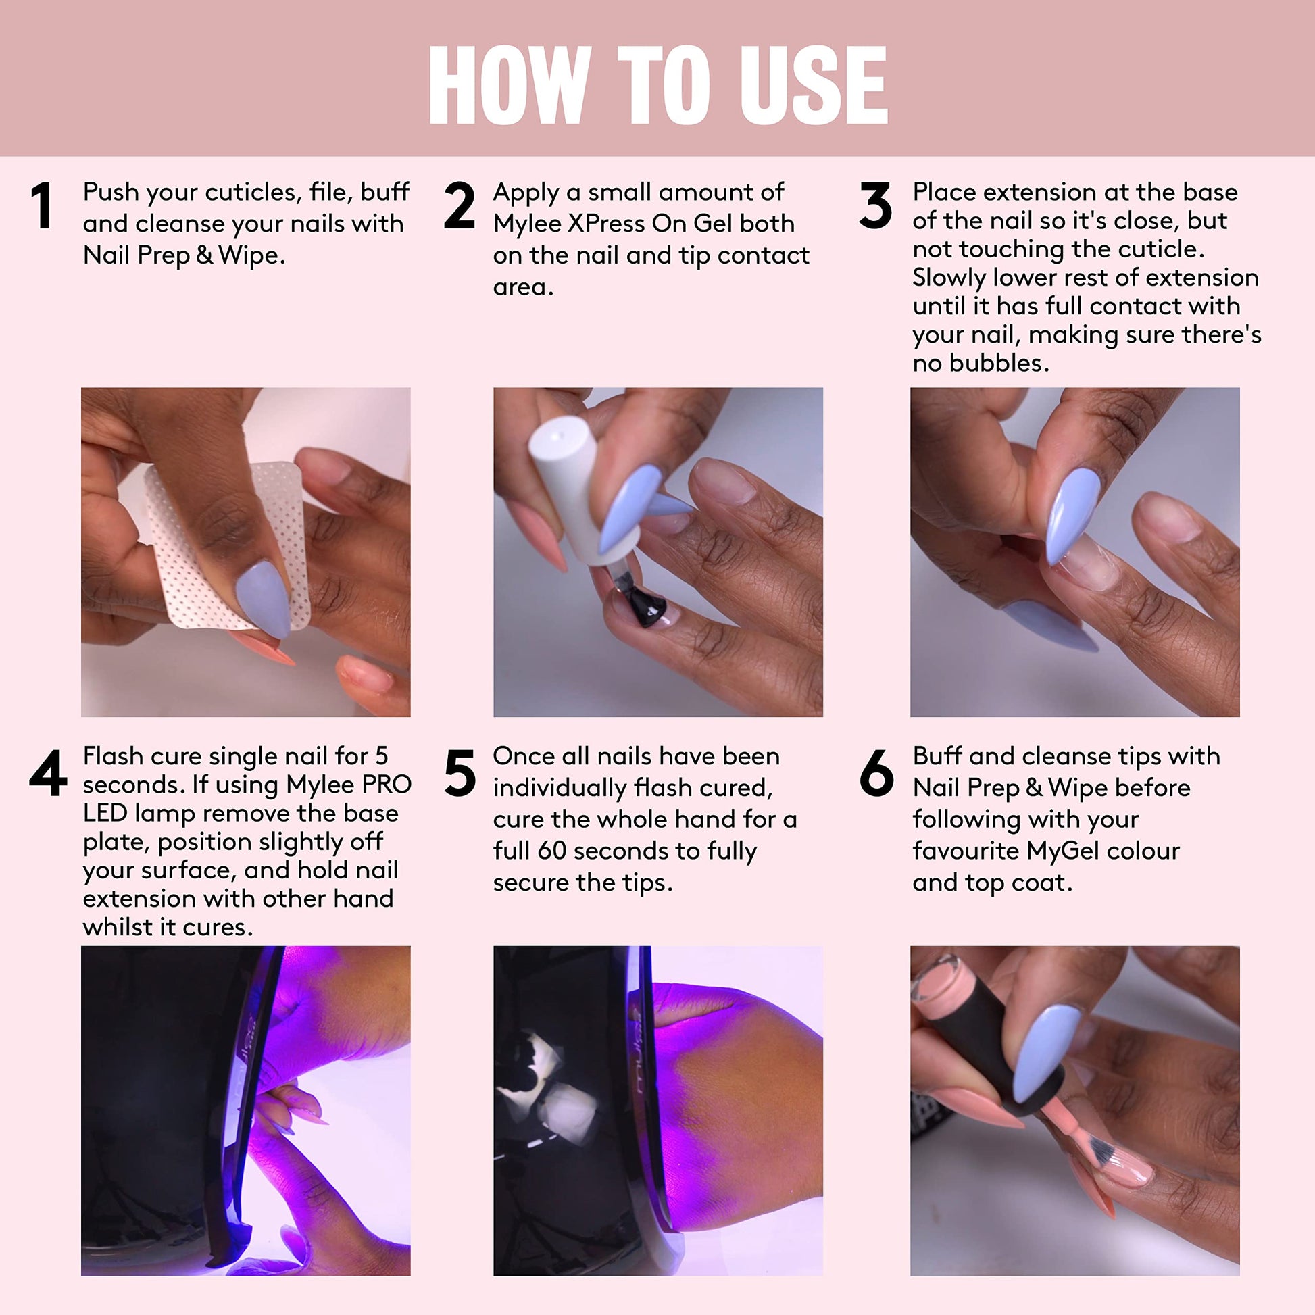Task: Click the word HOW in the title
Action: (x=509, y=85)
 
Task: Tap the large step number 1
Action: (x=42, y=205)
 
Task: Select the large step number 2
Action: (x=460, y=205)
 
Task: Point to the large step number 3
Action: (x=875, y=205)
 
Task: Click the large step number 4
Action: (x=49, y=772)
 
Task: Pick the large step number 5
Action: (x=460, y=772)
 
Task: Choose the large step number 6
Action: (x=876, y=772)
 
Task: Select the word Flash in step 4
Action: (x=113, y=755)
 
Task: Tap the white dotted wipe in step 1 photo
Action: (x=224, y=545)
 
